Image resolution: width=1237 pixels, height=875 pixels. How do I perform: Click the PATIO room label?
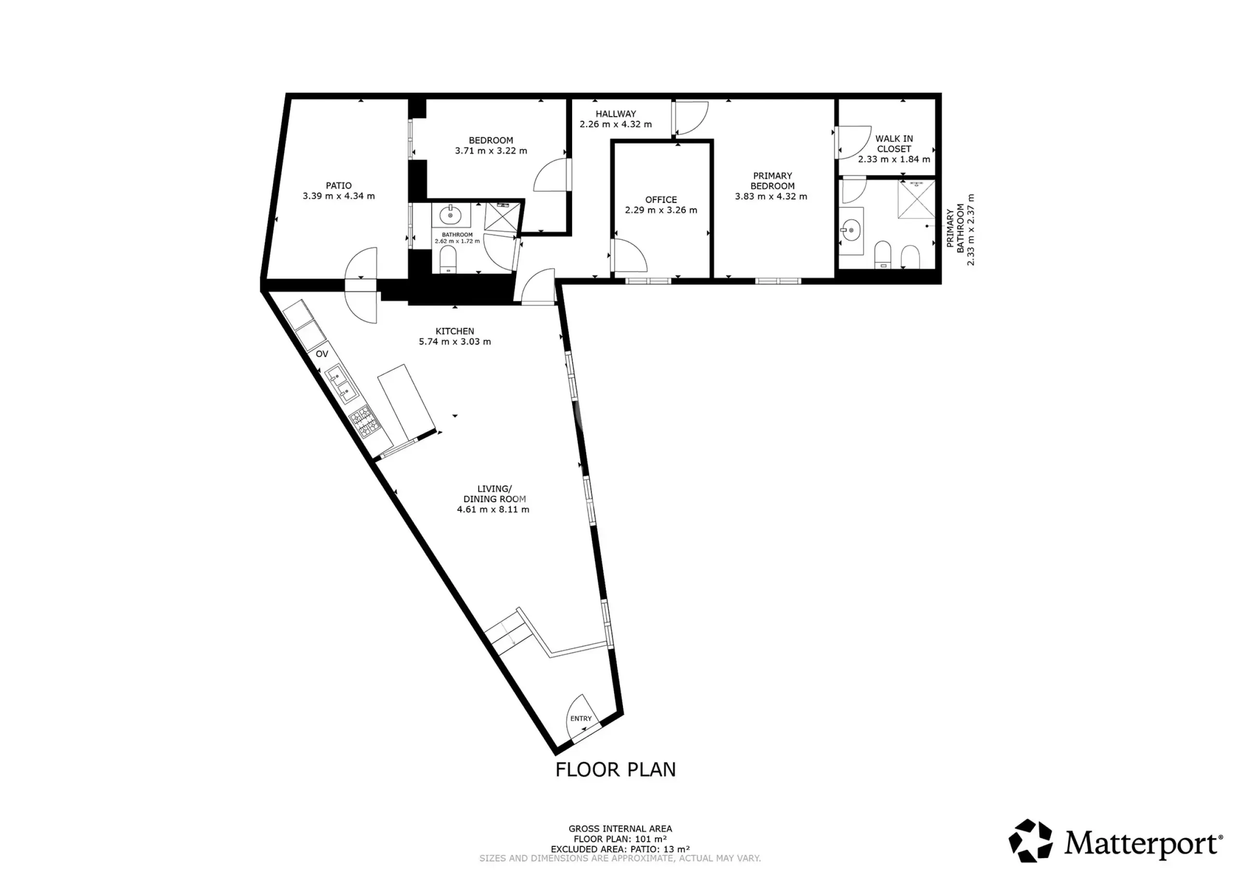pos(338,186)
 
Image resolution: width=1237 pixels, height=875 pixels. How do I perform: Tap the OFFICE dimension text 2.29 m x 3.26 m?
pos(661,210)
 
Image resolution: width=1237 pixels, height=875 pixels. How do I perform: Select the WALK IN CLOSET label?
pos(894,144)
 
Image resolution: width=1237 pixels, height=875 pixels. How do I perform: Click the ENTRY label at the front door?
pos(581,719)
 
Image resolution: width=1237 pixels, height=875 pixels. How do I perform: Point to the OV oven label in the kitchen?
pos(322,354)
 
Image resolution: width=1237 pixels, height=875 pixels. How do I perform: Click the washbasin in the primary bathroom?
pos(851,231)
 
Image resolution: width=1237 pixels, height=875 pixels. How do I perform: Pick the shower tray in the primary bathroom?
pos(916,200)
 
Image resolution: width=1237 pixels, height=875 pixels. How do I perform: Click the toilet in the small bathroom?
pos(448,262)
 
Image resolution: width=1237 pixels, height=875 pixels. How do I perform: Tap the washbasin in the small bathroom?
pos(450,216)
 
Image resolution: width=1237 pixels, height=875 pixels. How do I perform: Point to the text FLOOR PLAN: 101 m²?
pos(620,839)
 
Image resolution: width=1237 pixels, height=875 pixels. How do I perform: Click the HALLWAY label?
pos(616,114)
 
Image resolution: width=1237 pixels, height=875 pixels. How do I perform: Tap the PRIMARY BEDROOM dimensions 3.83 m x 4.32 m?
pos(771,197)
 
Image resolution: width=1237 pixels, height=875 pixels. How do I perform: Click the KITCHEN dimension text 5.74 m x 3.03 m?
pos(455,342)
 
